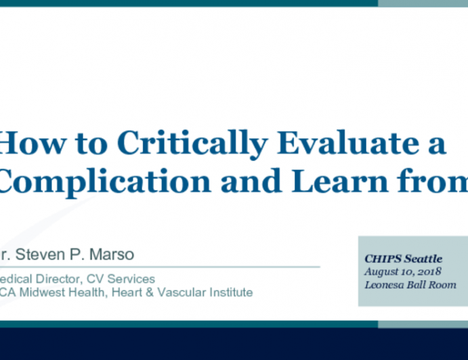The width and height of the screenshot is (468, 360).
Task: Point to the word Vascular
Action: [x=185, y=292]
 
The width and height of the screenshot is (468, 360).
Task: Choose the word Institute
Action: [x=231, y=292]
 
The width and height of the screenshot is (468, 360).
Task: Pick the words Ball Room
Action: [x=433, y=285]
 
